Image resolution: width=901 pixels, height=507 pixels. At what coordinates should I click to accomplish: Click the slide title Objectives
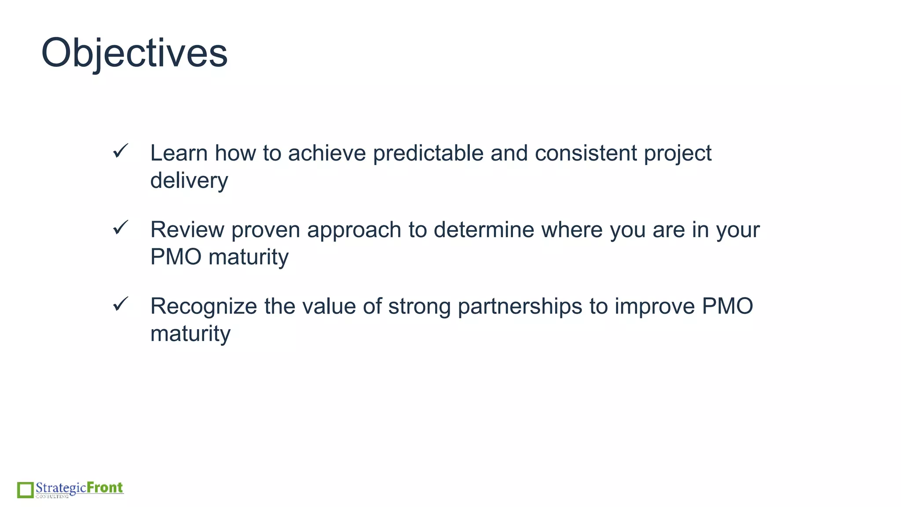click(134, 53)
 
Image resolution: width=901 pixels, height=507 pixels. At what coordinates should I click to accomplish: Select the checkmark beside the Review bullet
click(120, 228)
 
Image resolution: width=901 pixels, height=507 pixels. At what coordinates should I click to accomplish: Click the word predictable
click(428, 153)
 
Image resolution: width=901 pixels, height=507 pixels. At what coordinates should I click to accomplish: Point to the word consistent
click(586, 153)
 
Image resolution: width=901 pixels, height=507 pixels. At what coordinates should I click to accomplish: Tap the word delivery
click(189, 180)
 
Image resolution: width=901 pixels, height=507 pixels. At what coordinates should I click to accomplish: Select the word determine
click(483, 230)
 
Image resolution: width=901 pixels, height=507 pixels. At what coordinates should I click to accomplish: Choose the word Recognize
click(203, 306)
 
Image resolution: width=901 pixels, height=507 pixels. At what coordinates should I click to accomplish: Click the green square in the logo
click(26, 490)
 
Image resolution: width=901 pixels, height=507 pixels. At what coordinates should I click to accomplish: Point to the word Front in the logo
click(105, 488)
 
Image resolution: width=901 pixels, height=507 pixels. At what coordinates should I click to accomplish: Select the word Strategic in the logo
click(61, 488)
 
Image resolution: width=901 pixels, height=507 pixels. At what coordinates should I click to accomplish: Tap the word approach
click(354, 230)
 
